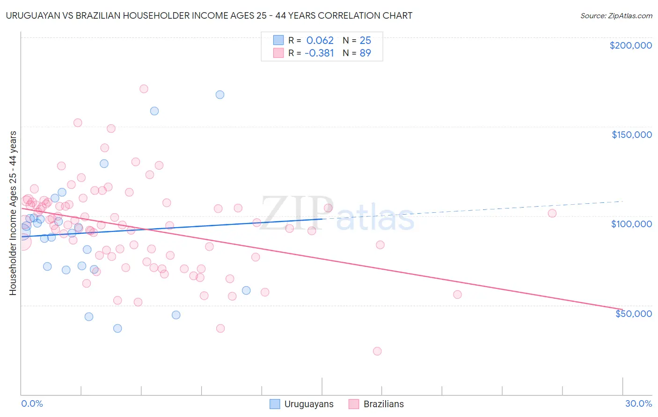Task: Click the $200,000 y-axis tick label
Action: point(630,45)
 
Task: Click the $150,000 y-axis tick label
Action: point(631,135)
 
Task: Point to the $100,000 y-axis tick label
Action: point(631,224)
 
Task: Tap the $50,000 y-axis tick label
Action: point(633,313)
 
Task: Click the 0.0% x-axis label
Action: point(32,403)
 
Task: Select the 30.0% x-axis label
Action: point(638,403)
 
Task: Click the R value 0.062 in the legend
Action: point(320,41)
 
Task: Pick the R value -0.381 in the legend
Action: point(319,53)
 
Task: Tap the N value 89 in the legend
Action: point(365,53)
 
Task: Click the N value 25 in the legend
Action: point(365,41)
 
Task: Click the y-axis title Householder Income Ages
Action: point(13,213)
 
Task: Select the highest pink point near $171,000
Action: point(144,89)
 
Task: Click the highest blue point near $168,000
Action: point(220,94)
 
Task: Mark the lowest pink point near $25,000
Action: point(377,351)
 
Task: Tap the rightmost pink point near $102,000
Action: point(552,213)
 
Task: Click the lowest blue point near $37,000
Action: point(117,328)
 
